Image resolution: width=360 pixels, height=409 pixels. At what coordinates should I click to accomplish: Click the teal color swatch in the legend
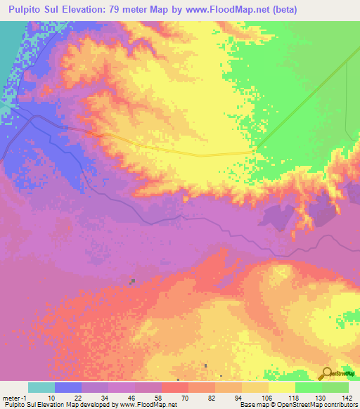click(x=41, y=387)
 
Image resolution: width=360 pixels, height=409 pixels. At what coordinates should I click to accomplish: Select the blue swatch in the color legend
click(x=68, y=387)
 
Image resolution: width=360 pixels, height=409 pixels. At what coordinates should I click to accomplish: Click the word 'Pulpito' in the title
click(x=26, y=10)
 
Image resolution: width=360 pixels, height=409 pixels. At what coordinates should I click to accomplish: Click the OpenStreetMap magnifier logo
click(x=326, y=374)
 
